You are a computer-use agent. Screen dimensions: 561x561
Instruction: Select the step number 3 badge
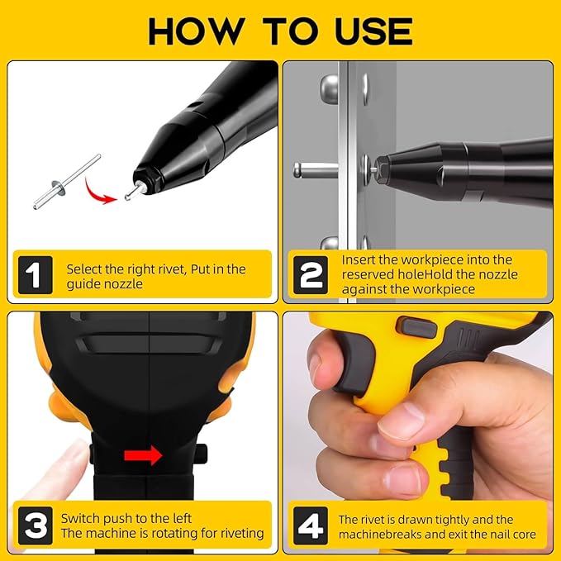click(34, 525)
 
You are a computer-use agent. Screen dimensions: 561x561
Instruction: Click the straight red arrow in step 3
click(143, 454)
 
